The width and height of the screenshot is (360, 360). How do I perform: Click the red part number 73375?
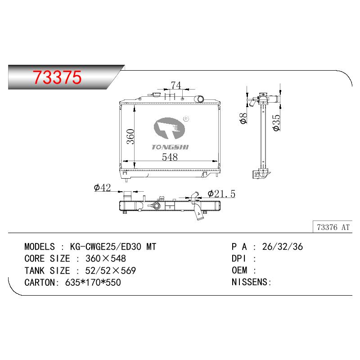[57, 77]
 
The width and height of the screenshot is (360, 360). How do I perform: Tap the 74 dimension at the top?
[176, 85]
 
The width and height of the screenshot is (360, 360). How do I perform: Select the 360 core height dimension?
[130, 136]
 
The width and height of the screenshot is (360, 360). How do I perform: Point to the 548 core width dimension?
[170, 157]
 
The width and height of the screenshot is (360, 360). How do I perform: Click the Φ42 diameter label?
[103, 188]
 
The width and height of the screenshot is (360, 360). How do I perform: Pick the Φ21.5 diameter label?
[221, 194]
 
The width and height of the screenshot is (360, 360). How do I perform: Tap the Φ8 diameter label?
[243, 118]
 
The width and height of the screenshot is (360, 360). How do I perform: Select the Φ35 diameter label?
[276, 123]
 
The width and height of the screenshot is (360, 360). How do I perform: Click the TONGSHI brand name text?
[170, 147]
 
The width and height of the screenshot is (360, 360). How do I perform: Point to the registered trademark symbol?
[186, 119]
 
